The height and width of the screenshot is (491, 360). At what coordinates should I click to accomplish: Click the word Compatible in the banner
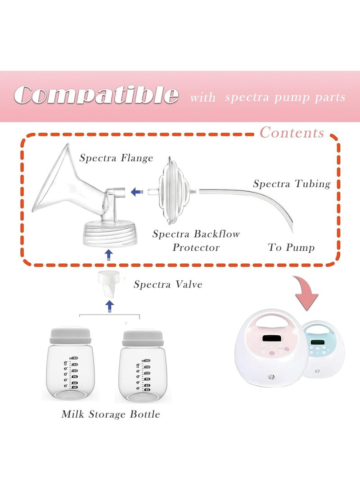pos(96,95)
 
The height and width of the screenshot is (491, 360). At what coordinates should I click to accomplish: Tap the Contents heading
pos(292,132)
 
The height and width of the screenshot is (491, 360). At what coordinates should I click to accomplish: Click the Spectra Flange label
pos(116,158)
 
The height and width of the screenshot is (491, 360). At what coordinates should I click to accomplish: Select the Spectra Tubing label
pos(292,184)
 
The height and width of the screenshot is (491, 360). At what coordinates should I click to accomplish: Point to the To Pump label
pos(291,248)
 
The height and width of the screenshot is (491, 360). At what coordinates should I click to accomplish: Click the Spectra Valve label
pos(168,284)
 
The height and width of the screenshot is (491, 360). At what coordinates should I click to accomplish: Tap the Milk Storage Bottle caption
pos(111,414)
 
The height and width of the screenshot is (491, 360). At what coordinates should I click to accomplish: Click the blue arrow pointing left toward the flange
pos(137,191)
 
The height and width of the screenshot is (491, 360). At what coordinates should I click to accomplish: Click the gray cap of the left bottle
pos(70,335)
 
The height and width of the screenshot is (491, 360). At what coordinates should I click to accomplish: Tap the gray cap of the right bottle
pos(143,338)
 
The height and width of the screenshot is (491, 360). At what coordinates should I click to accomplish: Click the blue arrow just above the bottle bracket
pos(109,306)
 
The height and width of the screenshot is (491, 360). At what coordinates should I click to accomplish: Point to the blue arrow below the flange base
pos(108,255)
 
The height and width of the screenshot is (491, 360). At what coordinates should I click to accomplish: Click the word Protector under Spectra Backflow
pos(196,248)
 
